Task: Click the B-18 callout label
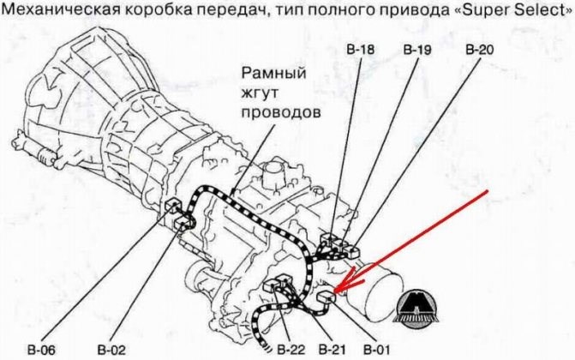[362, 50]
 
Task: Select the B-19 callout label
[417, 50]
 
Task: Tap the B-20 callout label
[479, 50]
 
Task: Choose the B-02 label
[112, 349]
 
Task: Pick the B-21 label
[331, 349]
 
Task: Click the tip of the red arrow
[337, 292]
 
